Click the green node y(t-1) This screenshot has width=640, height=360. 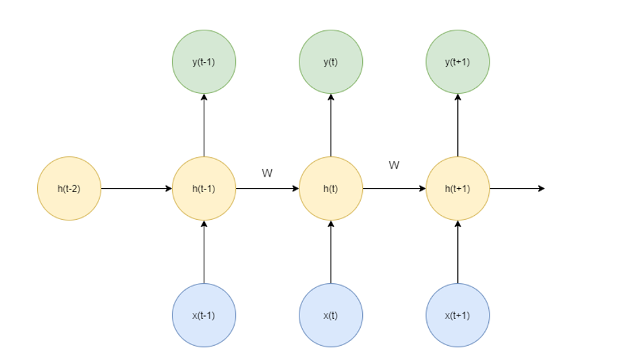[x=204, y=62]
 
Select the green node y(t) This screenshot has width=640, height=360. [x=330, y=62]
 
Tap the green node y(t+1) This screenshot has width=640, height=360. [x=457, y=62]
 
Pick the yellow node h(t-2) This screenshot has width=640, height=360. [x=69, y=189]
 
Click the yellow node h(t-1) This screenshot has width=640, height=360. [x=204, y=189]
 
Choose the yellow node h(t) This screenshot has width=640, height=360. [x=330, y=189]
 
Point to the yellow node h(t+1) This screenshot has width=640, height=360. [x=457, y=189]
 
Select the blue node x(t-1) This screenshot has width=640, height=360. [x=204, y=315]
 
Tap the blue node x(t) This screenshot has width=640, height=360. [x=330, y=315]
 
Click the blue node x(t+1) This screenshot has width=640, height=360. [x=457, y=315]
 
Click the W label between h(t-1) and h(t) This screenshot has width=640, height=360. [x=267, y=173]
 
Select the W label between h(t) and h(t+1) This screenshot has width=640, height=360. [x=394, y=165]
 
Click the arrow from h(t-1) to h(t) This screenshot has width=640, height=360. [x=267, y=189]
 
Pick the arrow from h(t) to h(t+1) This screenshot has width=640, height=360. [x=394, y=189]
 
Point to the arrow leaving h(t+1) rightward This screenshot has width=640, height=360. [x=517, y=189]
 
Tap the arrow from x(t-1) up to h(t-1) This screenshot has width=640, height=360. [x=204, y=252]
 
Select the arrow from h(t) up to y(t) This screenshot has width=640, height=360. [x=330, y=125]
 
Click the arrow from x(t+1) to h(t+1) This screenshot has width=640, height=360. [x=457, y=252]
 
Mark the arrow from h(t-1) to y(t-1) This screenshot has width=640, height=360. [x=204, y=125]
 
